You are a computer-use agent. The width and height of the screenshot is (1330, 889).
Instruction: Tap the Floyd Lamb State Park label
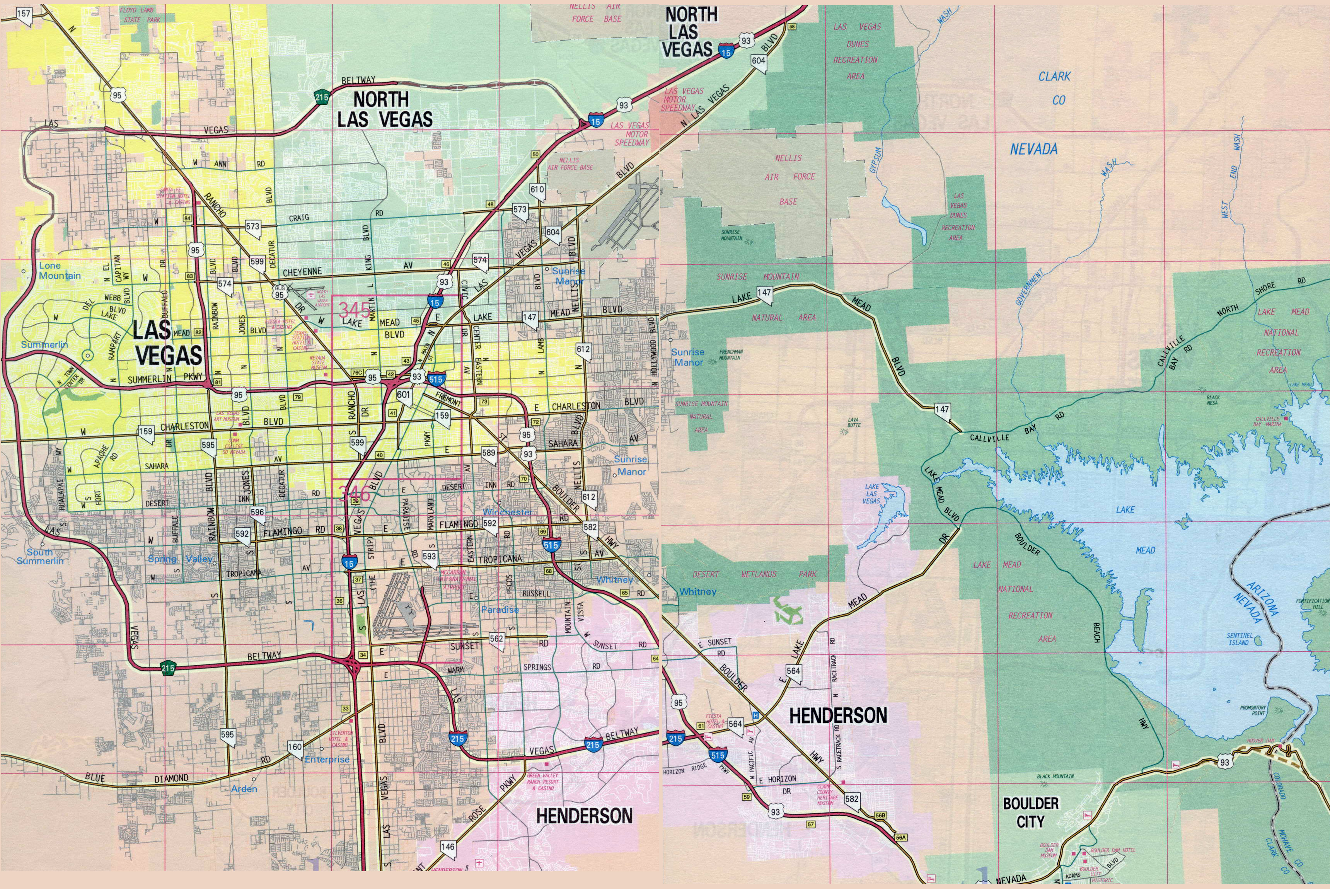click(140, 15)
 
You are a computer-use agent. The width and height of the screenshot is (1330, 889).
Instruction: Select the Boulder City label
click(1030, 812)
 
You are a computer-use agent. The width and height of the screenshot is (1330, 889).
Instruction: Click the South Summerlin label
click(40, 556)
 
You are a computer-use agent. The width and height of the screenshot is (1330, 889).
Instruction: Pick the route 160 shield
click(295, 747)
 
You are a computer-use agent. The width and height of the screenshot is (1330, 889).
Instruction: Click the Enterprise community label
click(327, 759)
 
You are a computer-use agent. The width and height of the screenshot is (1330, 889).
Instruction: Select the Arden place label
click(244, 789)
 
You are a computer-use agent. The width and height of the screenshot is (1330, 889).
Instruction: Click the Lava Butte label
click(854, 421)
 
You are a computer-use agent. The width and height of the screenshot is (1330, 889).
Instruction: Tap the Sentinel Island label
click(1239, 639)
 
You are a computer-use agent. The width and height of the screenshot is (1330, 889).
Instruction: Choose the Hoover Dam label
click(1260, 741)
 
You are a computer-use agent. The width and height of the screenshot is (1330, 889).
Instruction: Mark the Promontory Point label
click(1253, 710)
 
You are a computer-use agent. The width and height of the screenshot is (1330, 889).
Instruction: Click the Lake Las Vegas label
click(872, 493)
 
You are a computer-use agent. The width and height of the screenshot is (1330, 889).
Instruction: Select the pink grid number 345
click(354, 310)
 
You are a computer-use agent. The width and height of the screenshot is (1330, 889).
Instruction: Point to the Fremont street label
click(448, 399)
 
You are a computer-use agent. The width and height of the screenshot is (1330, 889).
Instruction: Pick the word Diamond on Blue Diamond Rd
click(171, 778)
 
